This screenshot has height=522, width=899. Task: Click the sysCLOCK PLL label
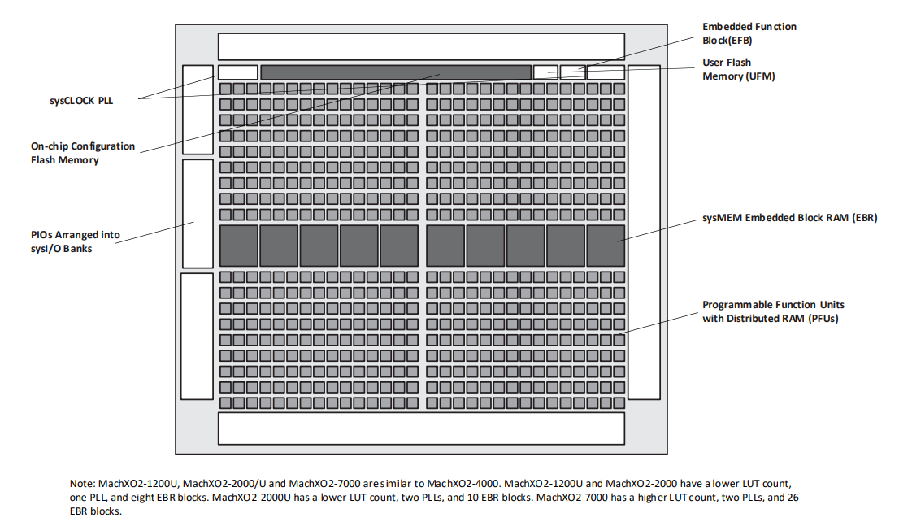click(x=82, y=101)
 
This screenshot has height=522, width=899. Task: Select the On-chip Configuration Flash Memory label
click(x=83, y=153)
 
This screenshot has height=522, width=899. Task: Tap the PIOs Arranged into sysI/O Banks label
click(x=76, y=241)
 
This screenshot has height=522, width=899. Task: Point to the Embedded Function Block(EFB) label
click(x=749, y=33)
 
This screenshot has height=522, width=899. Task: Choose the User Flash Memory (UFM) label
click(x=738, y=69)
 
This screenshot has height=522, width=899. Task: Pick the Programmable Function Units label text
click(x=773, y=311)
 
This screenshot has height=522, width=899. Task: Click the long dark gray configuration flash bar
click(x=395, y=72)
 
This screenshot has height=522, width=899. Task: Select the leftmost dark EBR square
click(x=239, y=246)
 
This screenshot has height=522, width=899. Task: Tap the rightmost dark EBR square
click(x=606, y=246)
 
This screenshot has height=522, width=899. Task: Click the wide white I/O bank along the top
click(x=421, y=46)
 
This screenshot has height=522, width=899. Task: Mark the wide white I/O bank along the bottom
click(x=421, y=428)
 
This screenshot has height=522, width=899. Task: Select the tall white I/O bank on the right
click(x=644, y=233)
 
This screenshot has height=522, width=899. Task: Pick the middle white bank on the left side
click(x=197, y=214)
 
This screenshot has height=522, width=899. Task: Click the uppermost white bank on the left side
click(x=197, y=110)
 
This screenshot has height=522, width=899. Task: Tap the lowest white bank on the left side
click(x=197, y=336)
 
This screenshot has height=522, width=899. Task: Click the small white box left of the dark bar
click(x=237, y=72)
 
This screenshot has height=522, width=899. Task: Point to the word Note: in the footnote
click(x=83, y=484)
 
